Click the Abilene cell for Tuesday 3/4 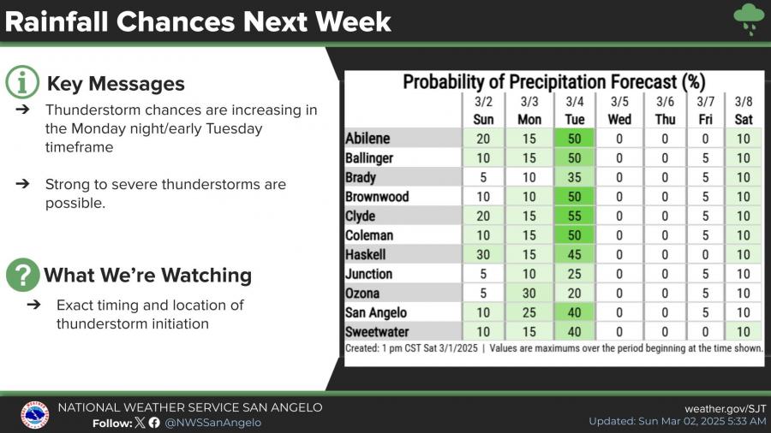pos(574,139)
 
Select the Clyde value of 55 pos(574,216)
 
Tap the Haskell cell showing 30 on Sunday pos(483,255)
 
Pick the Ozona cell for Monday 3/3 pos(529,294)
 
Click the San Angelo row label pos(376,313)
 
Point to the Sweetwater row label pos(377,332)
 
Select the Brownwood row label pos(377,197)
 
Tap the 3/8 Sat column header pos(743,110)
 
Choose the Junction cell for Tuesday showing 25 pos(574,274)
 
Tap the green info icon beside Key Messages pos(21,83)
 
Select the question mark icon pos(21,275)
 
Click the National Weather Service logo pos(34,414)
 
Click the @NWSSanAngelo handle pos(212,422)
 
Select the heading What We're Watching pos(147,275)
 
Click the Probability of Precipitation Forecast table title pos(553,83)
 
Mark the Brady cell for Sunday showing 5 pos(483,177)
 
